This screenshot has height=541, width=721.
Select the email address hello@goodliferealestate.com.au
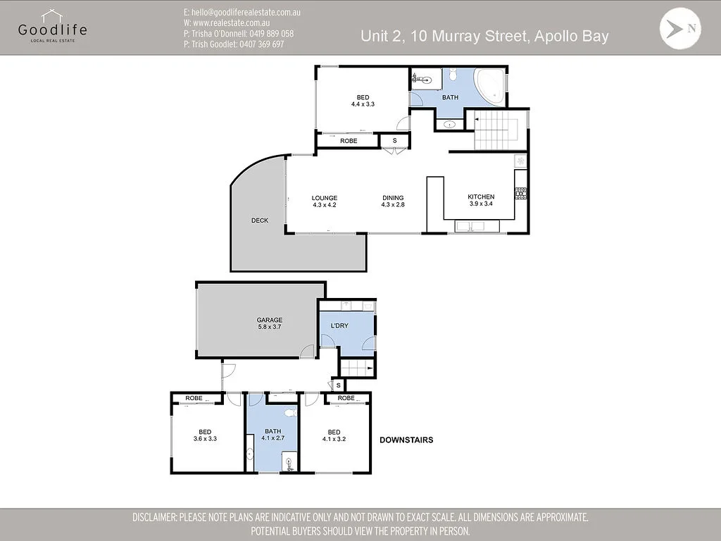coord(242,13)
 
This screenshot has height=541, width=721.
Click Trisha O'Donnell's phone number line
coord(238,34)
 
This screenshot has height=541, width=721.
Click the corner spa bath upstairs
coord(490,86)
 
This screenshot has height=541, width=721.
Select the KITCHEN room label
coord(481,197)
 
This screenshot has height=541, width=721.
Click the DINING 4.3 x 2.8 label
coord(393,201)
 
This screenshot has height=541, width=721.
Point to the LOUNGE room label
coord(324,198)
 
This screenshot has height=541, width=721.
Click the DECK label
coord(260,220)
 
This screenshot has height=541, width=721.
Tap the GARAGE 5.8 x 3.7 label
coord(270,323)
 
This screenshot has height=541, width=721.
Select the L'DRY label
coord(339,325)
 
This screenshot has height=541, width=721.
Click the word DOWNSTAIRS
coord(406,440)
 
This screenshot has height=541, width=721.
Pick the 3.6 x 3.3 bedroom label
coord(205,439)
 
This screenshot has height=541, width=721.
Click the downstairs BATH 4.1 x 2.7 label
coord(272,435)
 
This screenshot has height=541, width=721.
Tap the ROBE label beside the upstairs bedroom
coord(349,141)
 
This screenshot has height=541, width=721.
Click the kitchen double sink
coord(470,226)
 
